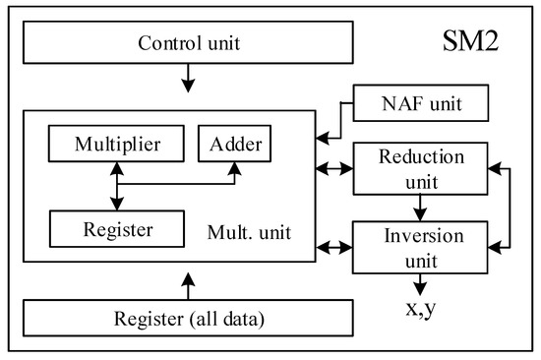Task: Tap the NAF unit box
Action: click(x=421, y=100)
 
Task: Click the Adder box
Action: click(x=233, y=146)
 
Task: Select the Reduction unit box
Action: click(x=421, y=168)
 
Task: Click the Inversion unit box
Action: click(x=421, y=248)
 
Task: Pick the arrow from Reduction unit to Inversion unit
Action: click(x=421, y=209)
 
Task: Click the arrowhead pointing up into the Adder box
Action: click(x=233, y=170)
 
